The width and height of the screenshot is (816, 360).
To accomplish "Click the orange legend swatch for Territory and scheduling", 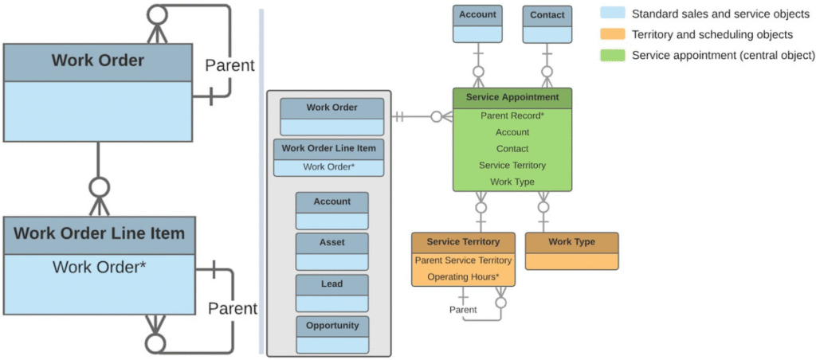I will (x=612, y=34).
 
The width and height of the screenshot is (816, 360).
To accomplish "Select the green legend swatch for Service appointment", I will (x=612, y=55).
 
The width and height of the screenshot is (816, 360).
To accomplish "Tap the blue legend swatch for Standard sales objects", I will (x=612, y=14).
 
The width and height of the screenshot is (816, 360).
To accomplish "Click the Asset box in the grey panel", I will (x=331, y=242).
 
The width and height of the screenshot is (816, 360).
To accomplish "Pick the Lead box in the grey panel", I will (x=331, y=284).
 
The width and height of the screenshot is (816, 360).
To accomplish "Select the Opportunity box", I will (x=331, y=325).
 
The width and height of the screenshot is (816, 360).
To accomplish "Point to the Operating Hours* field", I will (x=463, y=276).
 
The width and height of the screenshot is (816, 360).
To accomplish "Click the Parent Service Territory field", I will (x=463, y=260).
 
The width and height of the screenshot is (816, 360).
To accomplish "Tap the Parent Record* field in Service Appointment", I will (x=512, y=115).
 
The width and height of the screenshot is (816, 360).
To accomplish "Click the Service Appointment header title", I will (x=512, y=97).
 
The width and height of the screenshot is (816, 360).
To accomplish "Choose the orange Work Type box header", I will (x=571, y=242).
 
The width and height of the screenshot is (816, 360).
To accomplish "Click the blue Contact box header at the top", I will (x=547, y=15).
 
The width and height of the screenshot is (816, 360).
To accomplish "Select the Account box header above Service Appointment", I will (x=478, y=14).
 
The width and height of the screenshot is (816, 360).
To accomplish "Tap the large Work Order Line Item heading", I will (x=99, y=233).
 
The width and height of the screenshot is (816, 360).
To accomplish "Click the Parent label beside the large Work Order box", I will (x=229, y=65).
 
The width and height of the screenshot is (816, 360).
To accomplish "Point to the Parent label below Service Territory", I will (x=463, y=310).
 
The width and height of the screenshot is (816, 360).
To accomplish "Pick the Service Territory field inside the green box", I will (x=512, y=166).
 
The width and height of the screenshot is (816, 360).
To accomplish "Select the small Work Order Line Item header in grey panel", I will (x=328, y=148).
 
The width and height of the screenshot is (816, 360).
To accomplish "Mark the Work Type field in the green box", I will (x=512, y=182).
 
